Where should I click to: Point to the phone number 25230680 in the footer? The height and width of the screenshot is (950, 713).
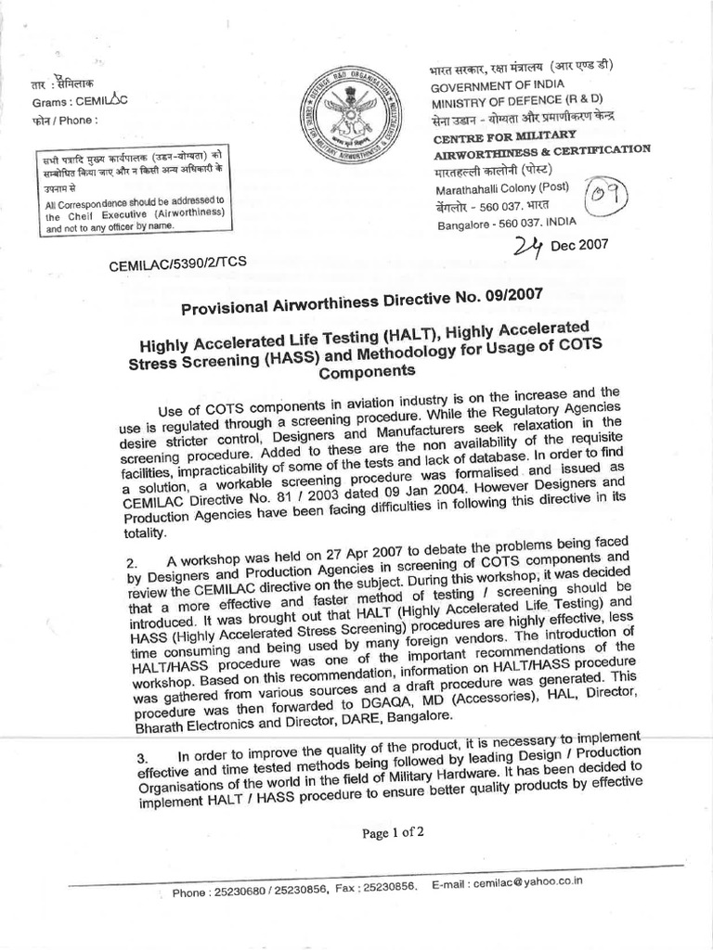243,892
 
